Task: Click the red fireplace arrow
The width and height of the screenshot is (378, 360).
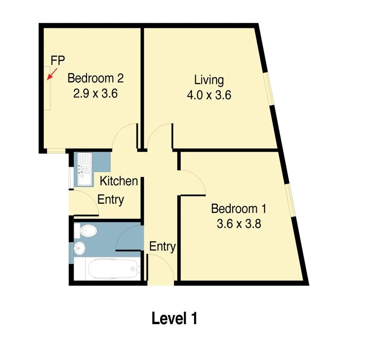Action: click(52, 74)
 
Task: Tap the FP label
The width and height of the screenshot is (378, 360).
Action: click(57, 60)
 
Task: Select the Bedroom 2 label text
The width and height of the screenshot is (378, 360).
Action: click(96, 78)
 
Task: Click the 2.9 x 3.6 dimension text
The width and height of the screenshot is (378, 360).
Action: click(95, 93)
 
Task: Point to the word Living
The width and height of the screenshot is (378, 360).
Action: click(209, 80)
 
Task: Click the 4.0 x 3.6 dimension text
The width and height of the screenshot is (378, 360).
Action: click(209, 95)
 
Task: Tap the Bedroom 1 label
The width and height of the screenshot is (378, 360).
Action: click(239, 209)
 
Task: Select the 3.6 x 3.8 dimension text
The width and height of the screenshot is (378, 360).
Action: click(239, 224)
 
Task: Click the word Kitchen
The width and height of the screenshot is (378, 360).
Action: click(119, 181)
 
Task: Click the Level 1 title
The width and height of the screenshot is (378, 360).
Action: click(174, 319)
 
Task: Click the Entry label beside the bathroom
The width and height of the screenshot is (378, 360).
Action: click(162, 246)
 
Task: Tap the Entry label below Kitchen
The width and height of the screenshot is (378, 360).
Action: click(111, 200)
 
